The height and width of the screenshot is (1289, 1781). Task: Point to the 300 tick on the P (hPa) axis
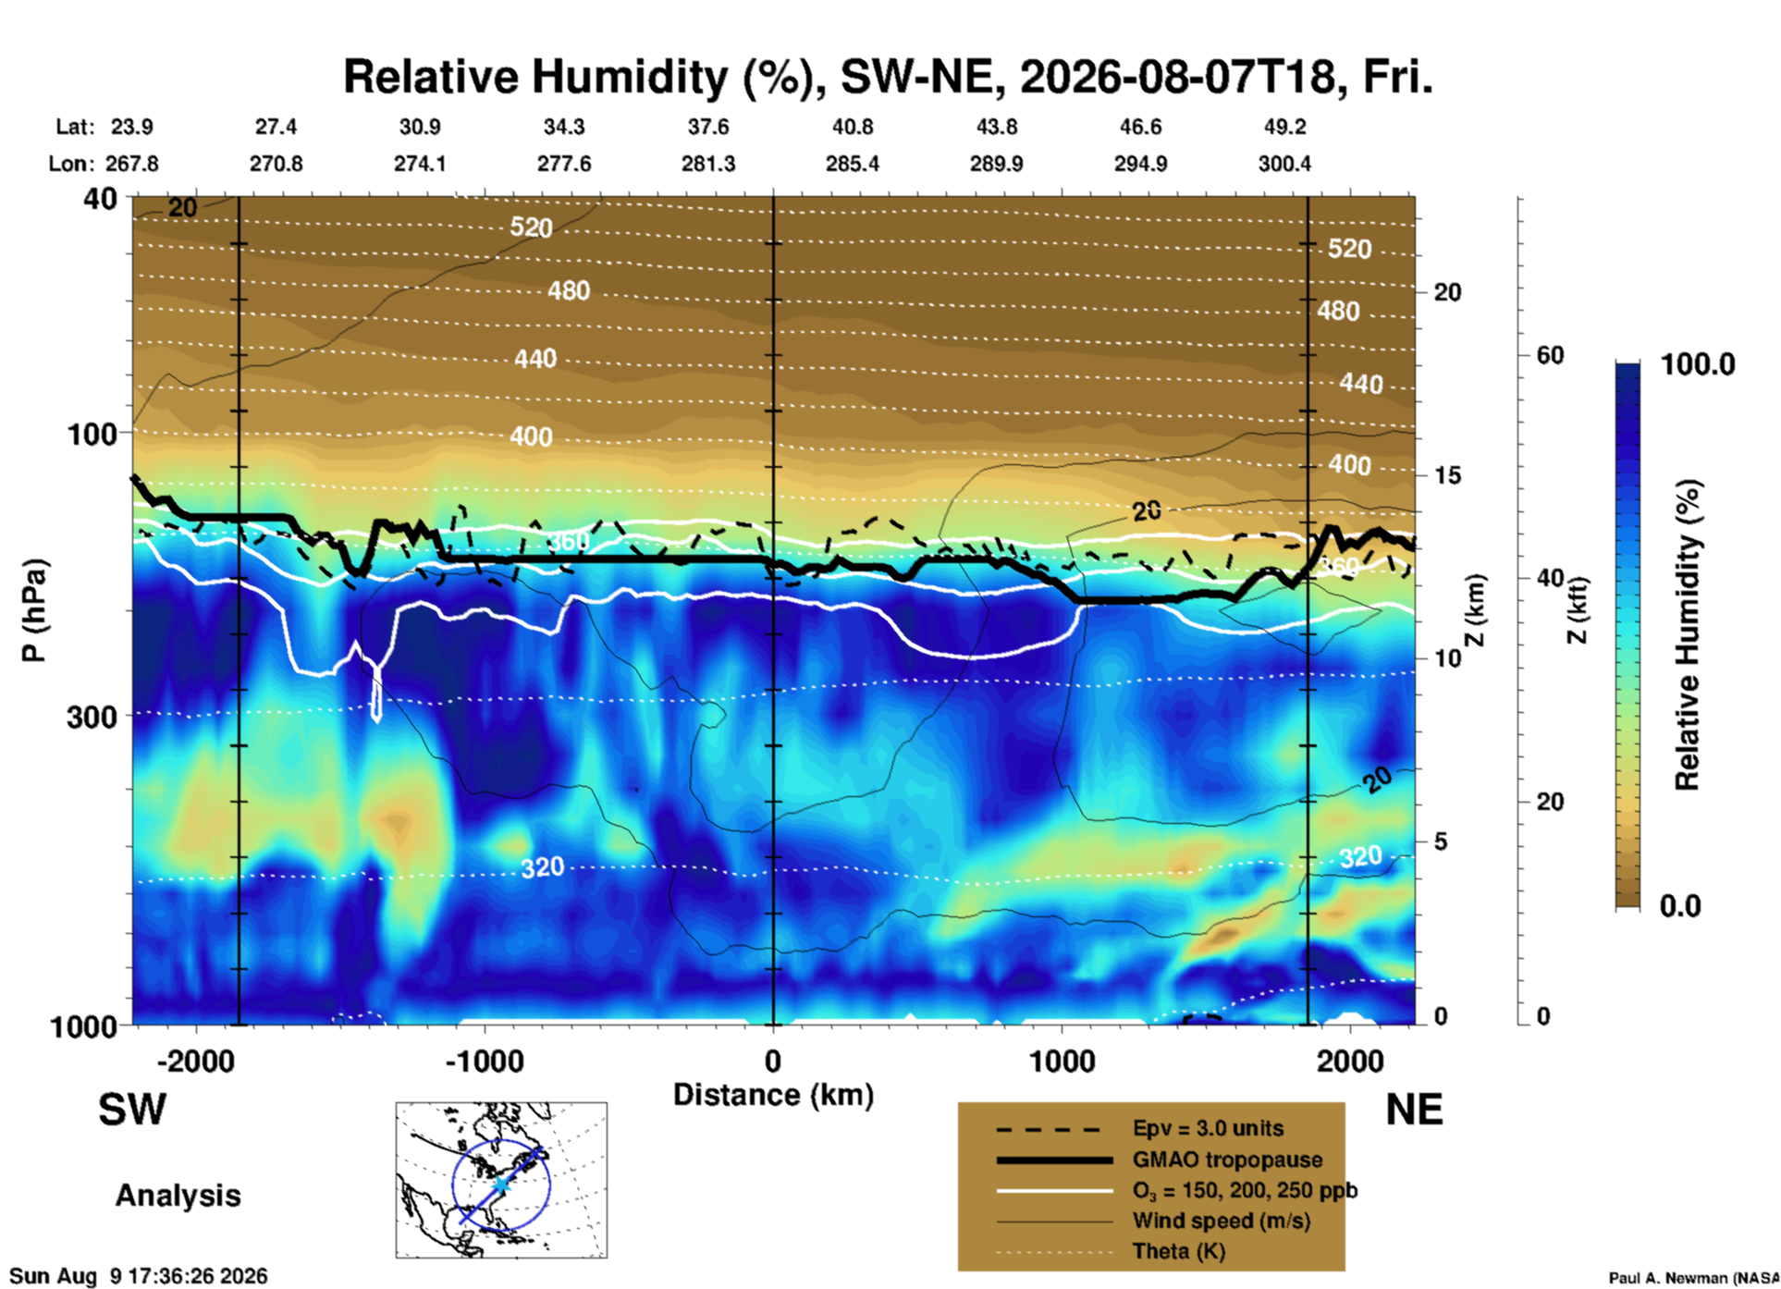coord(92,717)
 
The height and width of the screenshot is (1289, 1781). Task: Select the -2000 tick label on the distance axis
coord(196,1061)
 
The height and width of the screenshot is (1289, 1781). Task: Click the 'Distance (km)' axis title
coord(773,1095)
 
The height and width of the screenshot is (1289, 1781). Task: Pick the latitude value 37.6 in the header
coord(707,127)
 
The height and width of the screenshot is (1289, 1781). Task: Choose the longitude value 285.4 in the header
coord(852,164)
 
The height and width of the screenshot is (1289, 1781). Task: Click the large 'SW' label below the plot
coord(132,1110)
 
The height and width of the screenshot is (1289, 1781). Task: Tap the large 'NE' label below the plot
coord(1414,1110)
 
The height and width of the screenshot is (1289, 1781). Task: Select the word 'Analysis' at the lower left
coord(178,1196)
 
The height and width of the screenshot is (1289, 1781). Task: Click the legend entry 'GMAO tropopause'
coord(1227,1160)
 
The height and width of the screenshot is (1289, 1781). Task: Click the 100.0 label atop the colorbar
coord(1698,364)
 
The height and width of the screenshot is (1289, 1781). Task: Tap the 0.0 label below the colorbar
coord(1680,906)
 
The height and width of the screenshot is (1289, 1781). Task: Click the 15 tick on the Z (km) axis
coord(1447,475)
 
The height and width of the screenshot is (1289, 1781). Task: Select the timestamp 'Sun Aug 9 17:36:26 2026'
coord(139,1276)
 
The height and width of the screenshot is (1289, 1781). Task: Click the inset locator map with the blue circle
coord(501,1180)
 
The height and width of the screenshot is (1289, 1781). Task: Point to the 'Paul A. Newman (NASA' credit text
coord(1694,1278)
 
